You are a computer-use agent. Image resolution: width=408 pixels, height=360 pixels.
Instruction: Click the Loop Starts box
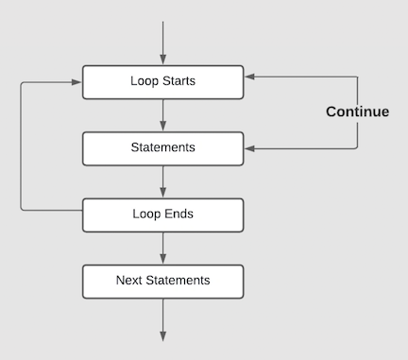162,81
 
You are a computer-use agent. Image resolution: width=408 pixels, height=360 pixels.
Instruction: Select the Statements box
162,148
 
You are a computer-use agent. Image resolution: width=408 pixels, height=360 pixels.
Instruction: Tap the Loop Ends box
162,214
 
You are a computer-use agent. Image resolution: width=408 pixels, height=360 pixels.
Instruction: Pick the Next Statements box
162,281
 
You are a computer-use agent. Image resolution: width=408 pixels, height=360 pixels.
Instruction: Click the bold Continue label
357,111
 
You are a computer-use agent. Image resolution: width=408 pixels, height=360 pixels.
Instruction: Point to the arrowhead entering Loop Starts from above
163,60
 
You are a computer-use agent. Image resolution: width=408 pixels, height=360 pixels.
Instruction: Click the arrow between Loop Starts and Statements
163,114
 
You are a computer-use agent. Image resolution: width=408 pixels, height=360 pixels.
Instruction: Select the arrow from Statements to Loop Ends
163,181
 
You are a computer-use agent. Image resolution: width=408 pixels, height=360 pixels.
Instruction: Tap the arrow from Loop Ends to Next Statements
163,248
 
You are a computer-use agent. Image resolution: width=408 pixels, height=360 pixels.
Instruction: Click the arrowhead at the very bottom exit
163,334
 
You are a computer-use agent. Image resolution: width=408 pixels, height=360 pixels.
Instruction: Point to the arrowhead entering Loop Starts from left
77,82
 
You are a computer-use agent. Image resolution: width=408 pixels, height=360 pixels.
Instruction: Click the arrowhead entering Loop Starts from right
249,76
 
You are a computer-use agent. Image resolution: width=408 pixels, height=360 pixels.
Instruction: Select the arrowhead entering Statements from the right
249,148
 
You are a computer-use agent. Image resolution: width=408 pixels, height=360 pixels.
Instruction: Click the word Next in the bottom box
129,281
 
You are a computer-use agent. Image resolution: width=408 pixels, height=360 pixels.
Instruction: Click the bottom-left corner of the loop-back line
21,209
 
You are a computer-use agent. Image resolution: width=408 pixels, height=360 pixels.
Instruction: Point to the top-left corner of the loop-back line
21,82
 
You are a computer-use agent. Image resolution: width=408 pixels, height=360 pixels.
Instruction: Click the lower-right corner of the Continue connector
358,148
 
